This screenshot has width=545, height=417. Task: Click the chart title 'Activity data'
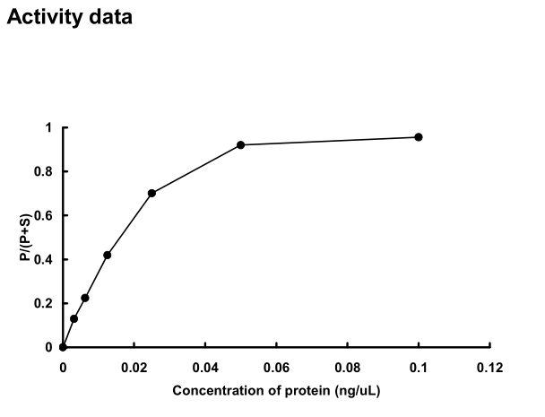click(69, 18)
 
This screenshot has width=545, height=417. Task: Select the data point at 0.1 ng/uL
click(419, 137)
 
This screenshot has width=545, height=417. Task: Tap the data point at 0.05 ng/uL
click(241, 144)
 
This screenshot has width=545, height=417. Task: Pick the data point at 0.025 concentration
click(152, 193)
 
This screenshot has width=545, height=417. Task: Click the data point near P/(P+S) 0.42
click(108, 255)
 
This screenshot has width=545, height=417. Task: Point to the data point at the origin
click(63, 347)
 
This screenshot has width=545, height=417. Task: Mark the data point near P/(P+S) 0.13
click(74, 318)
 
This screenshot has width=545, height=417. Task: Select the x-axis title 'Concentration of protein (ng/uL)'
click(277, 391)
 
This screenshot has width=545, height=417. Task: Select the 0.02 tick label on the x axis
click(134, 367)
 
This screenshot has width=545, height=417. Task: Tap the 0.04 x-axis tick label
click(205, 367)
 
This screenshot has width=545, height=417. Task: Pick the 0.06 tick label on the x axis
click(276, 367)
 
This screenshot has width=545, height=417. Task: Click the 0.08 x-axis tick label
click(348, 367)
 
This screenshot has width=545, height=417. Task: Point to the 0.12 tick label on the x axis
click(490, 367)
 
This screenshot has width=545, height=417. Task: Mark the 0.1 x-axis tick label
click(419, 367)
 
